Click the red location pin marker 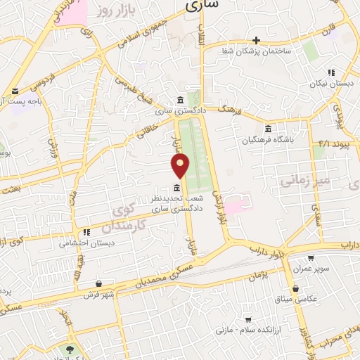tap(181, 165)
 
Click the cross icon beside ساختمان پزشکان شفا tap(257, 40)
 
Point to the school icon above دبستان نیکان tap(330, 72)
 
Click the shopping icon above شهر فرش tap(98, 285)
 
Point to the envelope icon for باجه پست tap(15, 91)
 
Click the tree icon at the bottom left tap(71, 349)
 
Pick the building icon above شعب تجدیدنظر tap(176, 187)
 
